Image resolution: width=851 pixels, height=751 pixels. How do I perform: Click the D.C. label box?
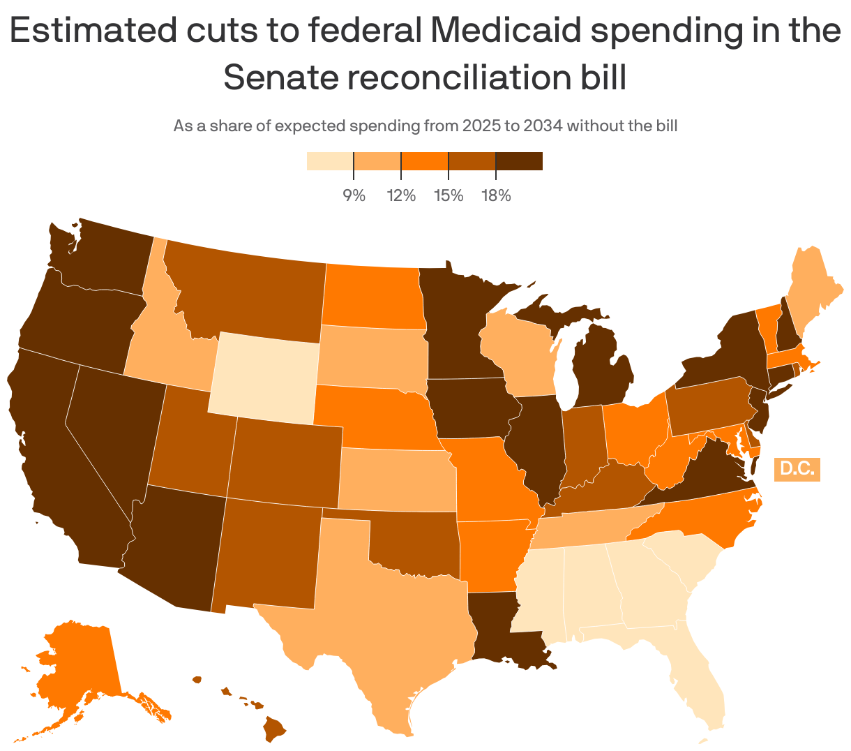click(797, 468)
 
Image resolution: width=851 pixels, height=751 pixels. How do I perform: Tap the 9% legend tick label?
click(354, 195)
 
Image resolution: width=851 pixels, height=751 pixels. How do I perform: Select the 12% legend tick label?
click(401, 195)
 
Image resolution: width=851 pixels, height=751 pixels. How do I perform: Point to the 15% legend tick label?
click(449, 195)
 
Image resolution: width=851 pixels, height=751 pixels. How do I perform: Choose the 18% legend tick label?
click(496, 195)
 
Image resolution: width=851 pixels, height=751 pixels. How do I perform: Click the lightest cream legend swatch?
click(330, 161)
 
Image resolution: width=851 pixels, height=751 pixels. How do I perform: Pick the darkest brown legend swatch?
click(519, 161)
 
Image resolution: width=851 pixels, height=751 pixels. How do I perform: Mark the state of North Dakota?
click(373, 297)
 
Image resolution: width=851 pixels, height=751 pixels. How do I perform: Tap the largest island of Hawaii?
click(274, 730)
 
